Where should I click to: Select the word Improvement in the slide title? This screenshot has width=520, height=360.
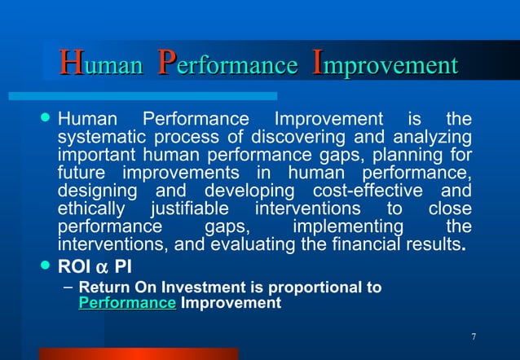[x=385, y=64]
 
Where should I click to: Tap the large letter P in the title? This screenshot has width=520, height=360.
[x=166, y=63]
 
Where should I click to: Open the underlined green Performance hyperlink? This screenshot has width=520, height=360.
[x=127, y=303]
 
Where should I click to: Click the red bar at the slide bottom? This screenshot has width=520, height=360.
[x=139, y=353]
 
